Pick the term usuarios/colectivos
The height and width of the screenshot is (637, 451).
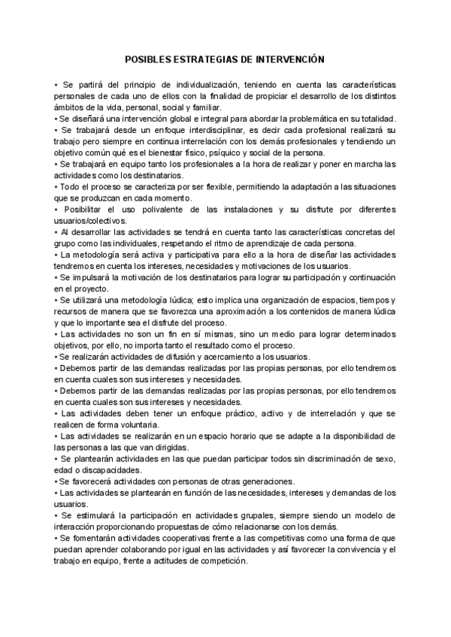coord(88,221)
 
